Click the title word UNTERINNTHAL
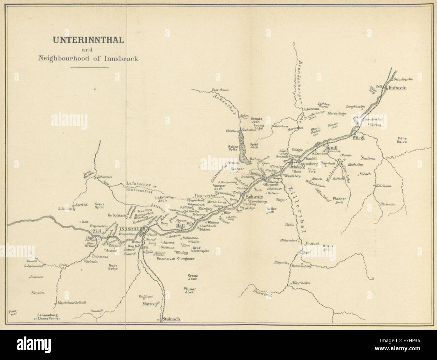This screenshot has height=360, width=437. point(87,40)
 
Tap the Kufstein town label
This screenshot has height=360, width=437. point(398,88)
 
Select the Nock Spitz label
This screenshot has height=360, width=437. point(113,268)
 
